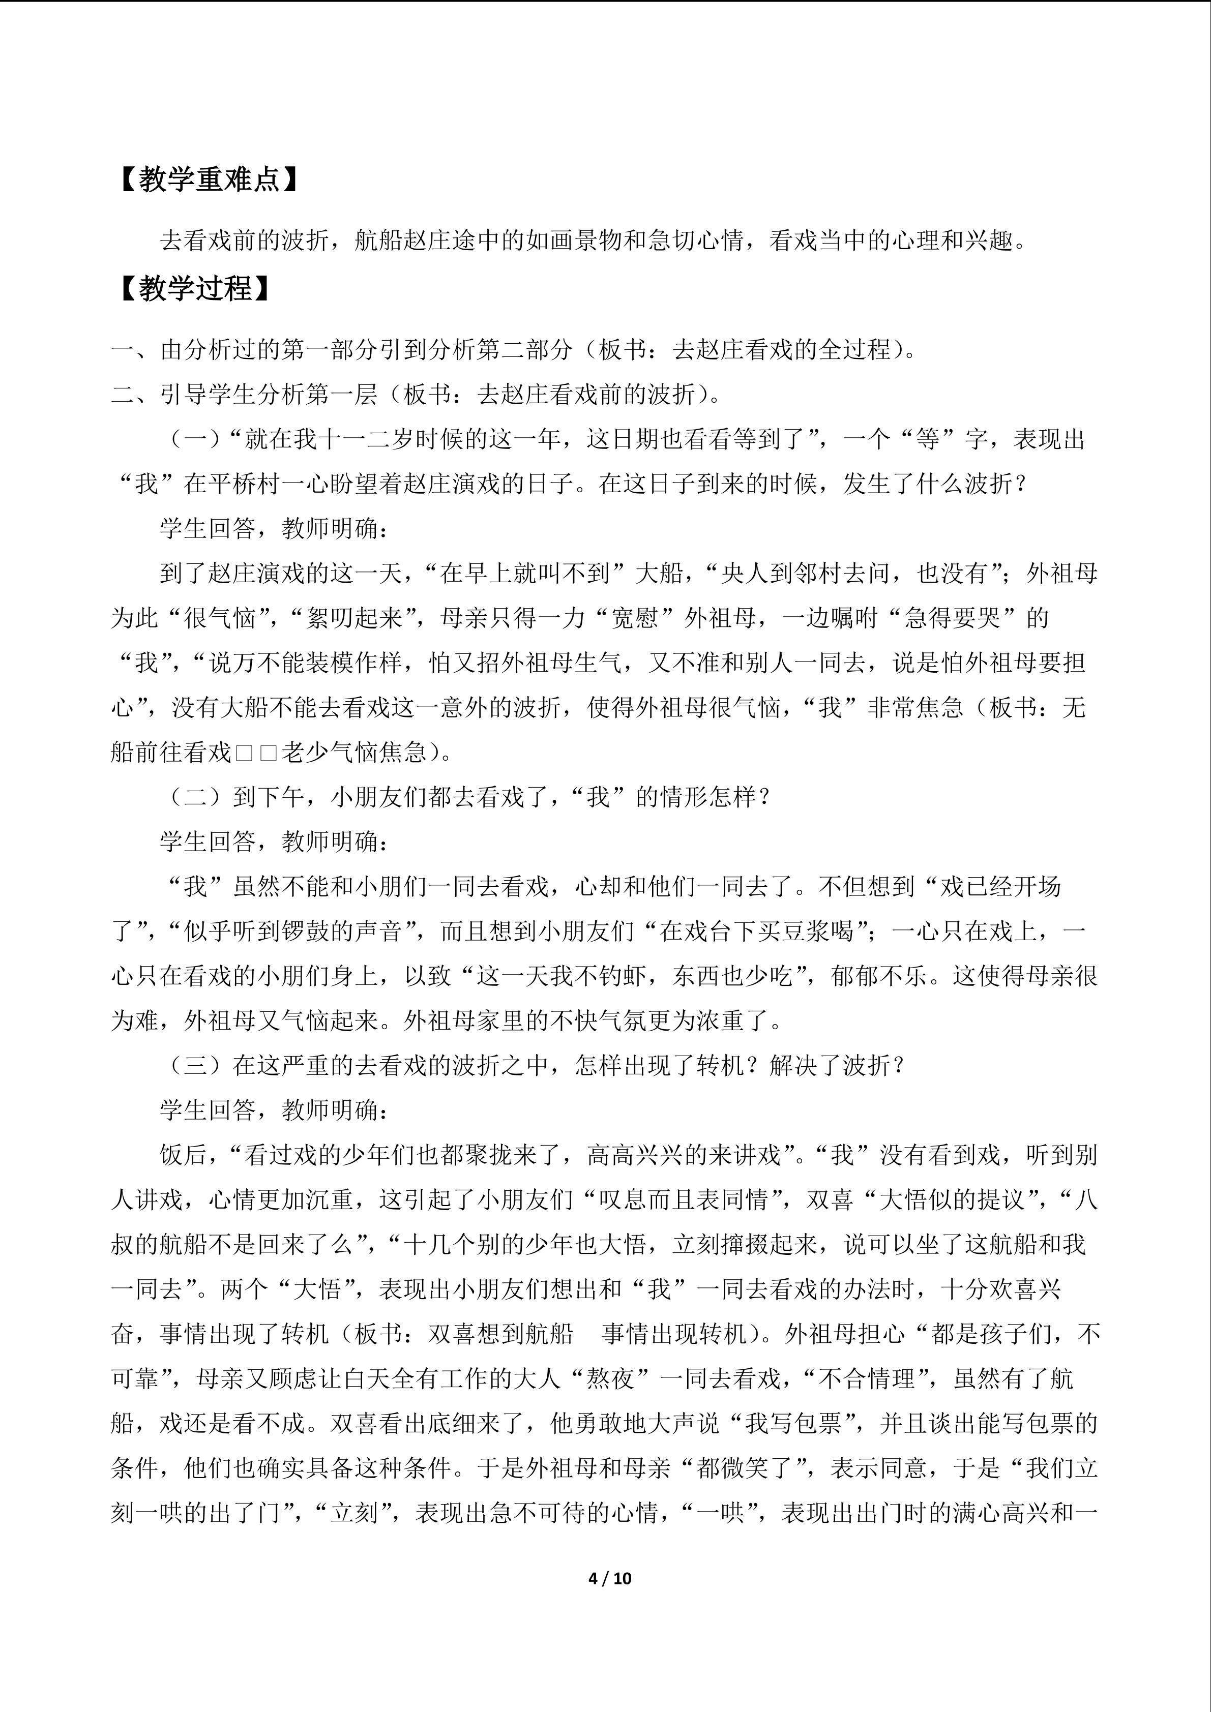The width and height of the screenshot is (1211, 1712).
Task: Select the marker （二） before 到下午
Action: pos(195,797)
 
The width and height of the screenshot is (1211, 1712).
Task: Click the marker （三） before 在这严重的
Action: pos(195,1066)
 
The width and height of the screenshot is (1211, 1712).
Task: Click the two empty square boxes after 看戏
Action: pos(256,753)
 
